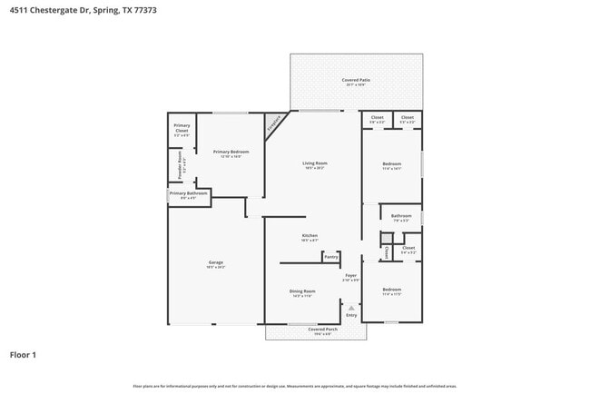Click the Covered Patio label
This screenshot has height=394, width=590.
tap(356, 80)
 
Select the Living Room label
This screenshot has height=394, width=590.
tap(315, 163)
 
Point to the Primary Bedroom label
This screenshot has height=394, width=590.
tap(231, 152)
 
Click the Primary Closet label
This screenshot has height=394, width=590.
tap(182, 127)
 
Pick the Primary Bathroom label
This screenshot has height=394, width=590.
tap(189, 193)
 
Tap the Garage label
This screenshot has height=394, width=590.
tap(215, 263)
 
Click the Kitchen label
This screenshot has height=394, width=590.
tap(310, 236)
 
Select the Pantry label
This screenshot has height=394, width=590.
tap(330, 257)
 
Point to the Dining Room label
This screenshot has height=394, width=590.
tap(302, 291)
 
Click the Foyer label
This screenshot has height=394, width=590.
tap(350, 275)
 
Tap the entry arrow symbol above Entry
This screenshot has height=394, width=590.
tap(350, 307)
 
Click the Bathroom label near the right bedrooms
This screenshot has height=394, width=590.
tap(401, 216)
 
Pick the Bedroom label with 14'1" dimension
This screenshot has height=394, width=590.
tap(392, 163)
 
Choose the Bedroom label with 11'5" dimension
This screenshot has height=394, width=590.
tap(392, 291)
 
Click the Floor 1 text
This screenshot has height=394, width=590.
tap(23, 354)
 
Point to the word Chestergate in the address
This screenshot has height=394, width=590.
tap(61, 8)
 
